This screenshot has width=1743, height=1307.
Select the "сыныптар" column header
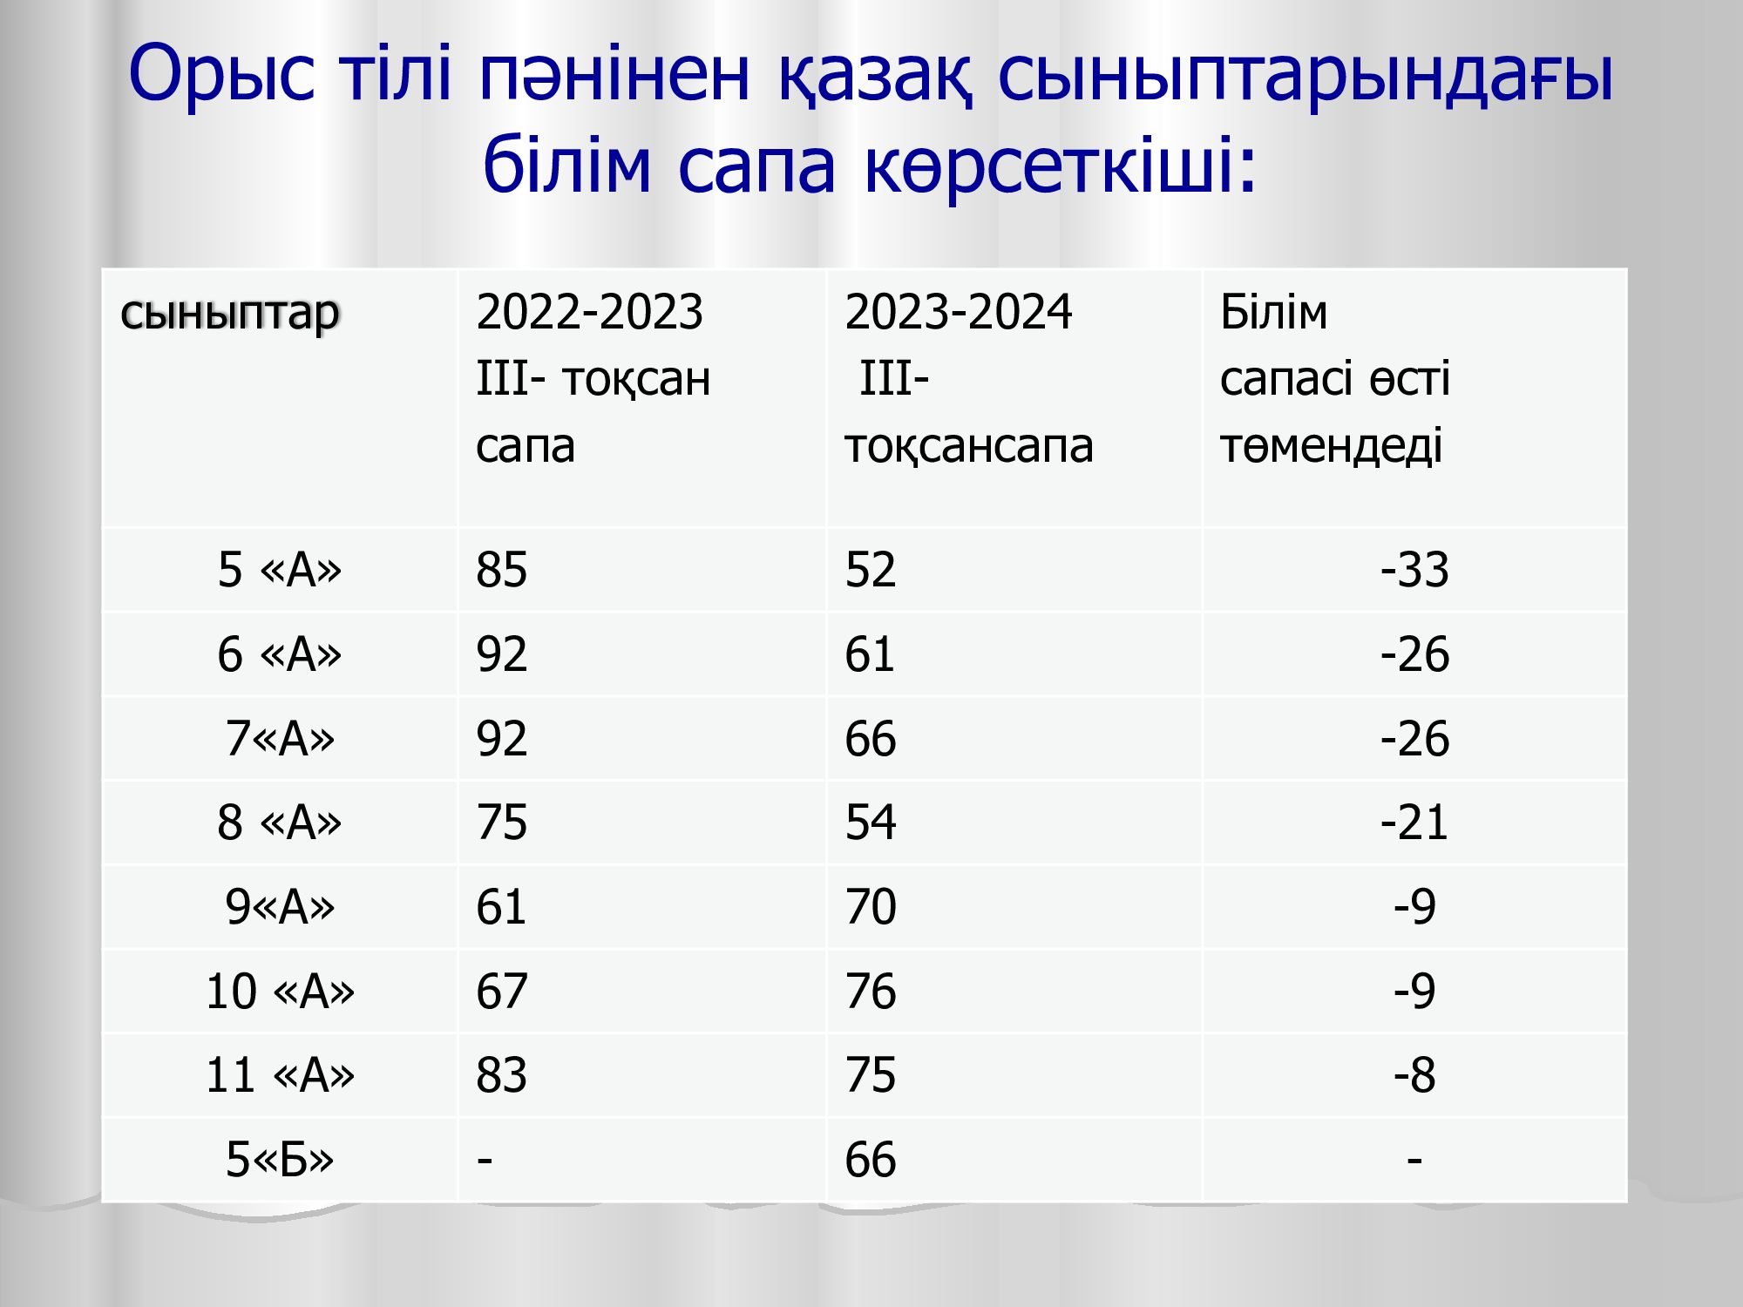point(230,314)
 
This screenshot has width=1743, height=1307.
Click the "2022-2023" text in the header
point(589,311)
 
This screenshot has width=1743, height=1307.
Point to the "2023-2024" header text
point(959,311)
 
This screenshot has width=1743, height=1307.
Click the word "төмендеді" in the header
point(1332,445)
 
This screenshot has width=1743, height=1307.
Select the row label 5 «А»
point(280,570)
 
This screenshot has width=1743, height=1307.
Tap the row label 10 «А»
point(280,992)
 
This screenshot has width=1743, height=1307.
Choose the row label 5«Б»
point(280,1160)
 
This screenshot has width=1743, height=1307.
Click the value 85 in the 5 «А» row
point(502,570)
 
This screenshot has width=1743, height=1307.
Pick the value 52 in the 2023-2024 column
point(871,570)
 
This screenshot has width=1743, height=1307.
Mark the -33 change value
point(1414,570)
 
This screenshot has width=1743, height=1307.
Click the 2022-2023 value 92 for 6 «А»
point(502,654)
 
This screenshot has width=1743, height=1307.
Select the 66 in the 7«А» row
point(871,739)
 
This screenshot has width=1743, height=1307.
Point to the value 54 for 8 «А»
point(871,823)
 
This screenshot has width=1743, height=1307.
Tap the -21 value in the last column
point(1414,823)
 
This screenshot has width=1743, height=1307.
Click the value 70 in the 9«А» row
point(871,907)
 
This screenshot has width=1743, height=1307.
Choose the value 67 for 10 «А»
point(502,992)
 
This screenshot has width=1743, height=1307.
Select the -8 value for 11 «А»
point(1414,1075)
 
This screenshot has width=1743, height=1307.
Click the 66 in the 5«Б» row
point(871,1160)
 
